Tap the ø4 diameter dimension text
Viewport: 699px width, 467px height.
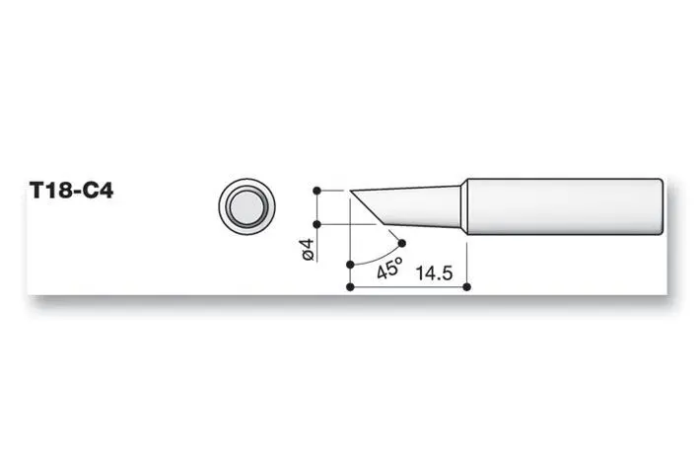(x=306, y=249)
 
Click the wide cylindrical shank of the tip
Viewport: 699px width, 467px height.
(x=562, y=207)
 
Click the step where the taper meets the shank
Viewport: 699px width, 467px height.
(x=464, y=207)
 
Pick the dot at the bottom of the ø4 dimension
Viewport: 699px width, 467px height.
(x=315, y=224)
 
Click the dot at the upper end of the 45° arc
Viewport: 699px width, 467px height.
(x=402, y=242)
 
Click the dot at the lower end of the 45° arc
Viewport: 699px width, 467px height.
(x=351, y=265)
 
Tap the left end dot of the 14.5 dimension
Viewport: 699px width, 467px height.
(x=351, y=287)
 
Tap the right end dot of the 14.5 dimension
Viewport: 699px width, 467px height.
(x=465, y=287)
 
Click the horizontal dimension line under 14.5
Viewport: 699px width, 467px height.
(x=408, y=287)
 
